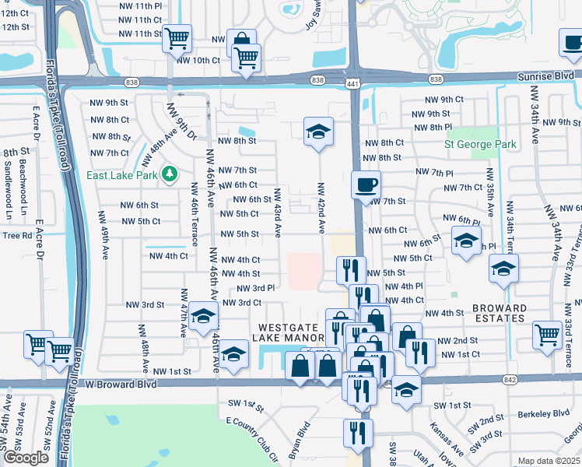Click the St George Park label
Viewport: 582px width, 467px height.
coord(480,145)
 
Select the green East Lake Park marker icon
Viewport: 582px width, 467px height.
coord(167,174)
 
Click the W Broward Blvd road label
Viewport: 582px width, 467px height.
coord(121,384)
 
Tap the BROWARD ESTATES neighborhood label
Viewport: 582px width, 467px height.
coord(500,313)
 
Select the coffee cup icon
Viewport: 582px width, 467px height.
coord(366,185)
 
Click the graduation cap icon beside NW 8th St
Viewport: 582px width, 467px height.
coord(318,132)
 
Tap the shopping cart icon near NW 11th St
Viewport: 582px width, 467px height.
coord(177,37)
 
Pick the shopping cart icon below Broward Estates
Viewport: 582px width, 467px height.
coord(547,335)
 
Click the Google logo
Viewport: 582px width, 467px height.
coord(26,458)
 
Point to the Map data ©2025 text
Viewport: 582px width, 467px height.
coord(549,461)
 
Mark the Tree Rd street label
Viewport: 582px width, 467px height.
coord(16,235)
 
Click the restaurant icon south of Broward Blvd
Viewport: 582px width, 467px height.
coord(358,433)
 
